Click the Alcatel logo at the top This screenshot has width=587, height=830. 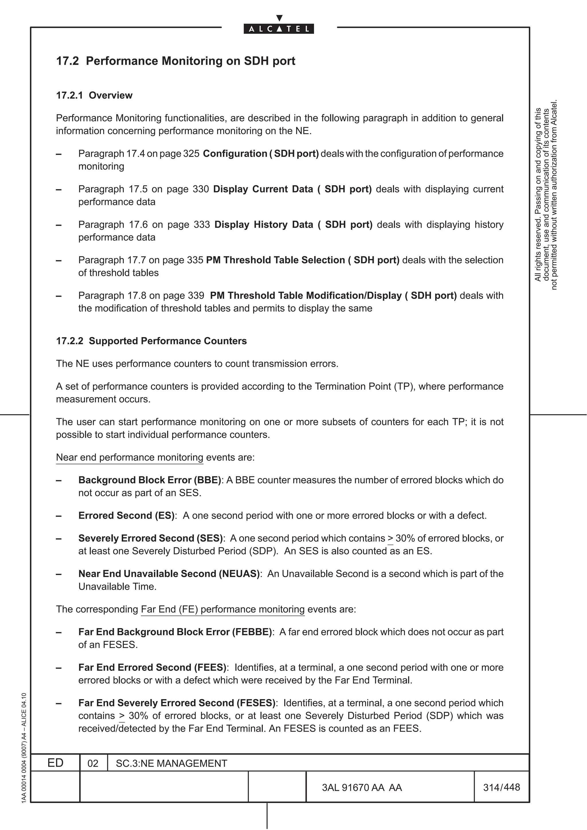pos(279,28)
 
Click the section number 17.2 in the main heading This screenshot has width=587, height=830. pos(67,61)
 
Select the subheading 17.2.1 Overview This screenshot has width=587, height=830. pos(94,95)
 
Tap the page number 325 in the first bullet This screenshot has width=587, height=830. pos(191,154)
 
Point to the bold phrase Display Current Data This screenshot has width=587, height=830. pos(263,189)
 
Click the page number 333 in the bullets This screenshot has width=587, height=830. pos(202,225)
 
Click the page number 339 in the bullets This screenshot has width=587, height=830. pos(196,295)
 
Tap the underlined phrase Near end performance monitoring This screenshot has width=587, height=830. pos(130,457)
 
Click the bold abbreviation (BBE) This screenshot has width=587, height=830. pos(208,480)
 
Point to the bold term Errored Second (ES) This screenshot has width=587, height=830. pos(127,516)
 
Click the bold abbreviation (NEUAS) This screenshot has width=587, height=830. pos(239,574)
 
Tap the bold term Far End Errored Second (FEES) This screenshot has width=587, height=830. pos(152,667)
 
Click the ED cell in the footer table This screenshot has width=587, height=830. pos(55,763)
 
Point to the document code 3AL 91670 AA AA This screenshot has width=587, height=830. pos(362,787)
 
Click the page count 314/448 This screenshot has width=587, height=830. pos(501,787)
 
